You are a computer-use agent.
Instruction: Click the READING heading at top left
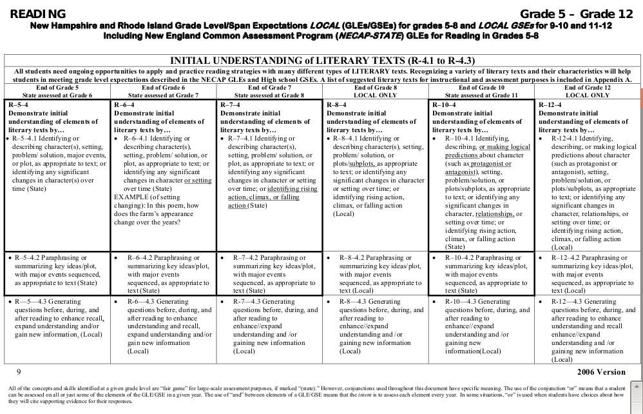pyautogui.click(x=38, y=14)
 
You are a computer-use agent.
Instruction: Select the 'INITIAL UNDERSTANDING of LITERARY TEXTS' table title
pyautogui.click(x=321, y=60)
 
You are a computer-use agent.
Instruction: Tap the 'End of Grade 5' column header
pyautogui.click(x=57, y=88)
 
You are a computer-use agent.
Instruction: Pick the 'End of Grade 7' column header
pyautogui.click(x=269, y=88)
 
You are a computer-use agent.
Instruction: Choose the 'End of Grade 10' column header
pyautogui.click(x=481, y=88)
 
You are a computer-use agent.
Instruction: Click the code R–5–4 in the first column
pyautogui.click(x=21, y=104)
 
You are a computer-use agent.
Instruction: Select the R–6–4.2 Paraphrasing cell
pyautogui.click(x=162, y=273)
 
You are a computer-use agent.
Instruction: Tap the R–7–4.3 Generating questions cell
pyautogui.click(x=269, y=326)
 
